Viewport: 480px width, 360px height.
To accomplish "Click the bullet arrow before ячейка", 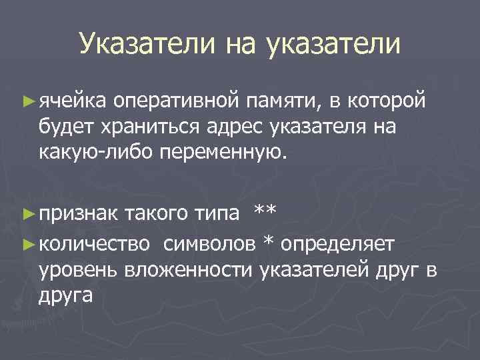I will pyautogui.click(x=28, y=101).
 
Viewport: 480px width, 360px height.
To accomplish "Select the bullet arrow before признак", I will pyautogui.click(x=28, y=213).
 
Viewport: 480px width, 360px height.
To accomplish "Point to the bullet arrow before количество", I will pyautogui.click(x=28, y=243).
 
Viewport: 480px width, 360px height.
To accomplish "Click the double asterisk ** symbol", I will pyautogui.click(x=265, y=212).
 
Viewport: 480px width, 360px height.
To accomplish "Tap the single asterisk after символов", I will pyautogui.click(x=268, y=241).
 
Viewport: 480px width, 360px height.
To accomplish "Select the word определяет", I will pyautogui.click(x=339, y=244).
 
